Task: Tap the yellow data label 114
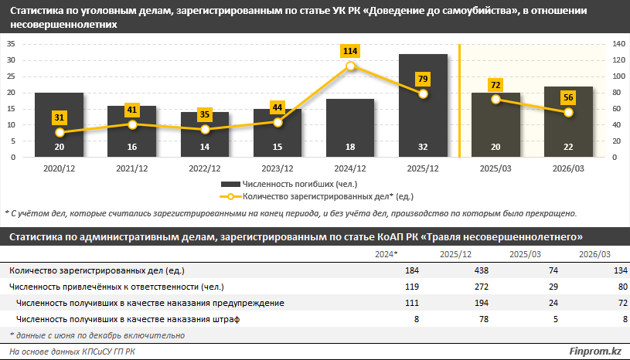pos(350,51)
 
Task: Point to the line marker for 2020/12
pos(59,132)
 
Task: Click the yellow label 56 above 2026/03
pos(568,97)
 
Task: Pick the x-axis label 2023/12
pos(278,168)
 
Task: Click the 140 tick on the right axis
pos(619,44)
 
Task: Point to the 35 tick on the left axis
pos(11,44)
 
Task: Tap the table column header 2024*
pos(387,254)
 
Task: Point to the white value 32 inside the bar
pos(423,148)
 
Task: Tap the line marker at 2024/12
pos(350,66)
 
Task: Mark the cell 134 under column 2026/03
pos(599,270)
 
